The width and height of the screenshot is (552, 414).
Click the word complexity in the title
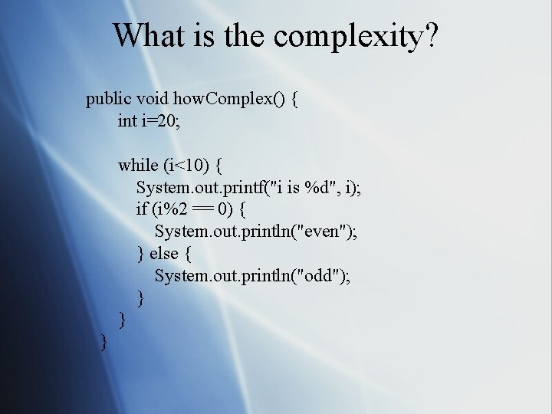coord(350,36)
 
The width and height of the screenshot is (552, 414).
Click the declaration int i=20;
coord(157,120)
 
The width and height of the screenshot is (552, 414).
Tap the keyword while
coord(137,165)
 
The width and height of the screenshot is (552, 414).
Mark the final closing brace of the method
coord(103,342)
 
